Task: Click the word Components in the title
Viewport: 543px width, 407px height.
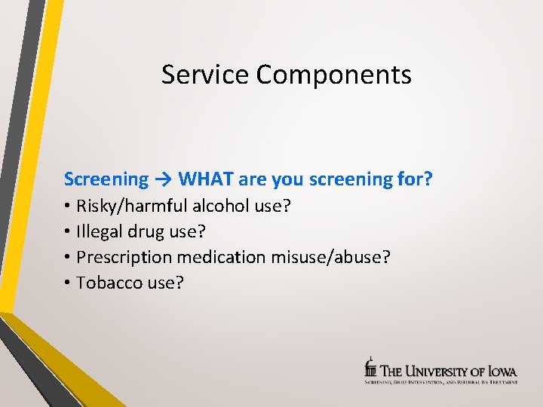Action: (x=333, y=75)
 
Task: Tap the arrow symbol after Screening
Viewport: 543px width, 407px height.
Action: (x=164, y=179)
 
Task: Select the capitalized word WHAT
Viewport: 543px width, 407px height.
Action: (x=206, y=179)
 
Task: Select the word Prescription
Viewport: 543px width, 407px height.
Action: (x=124, y=258)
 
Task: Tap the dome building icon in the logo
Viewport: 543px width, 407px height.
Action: (x=370, y=367)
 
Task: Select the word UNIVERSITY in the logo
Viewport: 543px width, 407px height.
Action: (x=440, y=371)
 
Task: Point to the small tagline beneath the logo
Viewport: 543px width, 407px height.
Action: (x=441, y=382)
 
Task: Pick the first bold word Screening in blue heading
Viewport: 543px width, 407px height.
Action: (x=106, y=179)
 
